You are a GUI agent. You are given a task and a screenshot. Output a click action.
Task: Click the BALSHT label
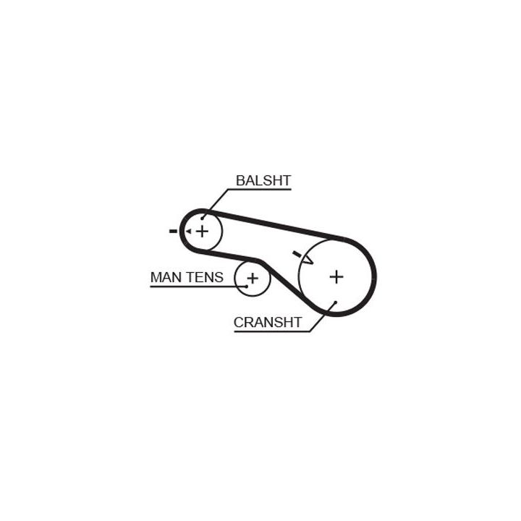coord(263,180)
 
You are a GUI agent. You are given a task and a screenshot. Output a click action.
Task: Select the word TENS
coord(204,277)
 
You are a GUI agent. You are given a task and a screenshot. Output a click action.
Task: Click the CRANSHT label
coord(268,322)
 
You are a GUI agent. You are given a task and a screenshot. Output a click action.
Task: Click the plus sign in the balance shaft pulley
coord(202,232)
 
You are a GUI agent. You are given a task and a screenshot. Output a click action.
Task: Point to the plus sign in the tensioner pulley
coord(253,278)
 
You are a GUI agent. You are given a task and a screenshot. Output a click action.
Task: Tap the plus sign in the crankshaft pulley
coord(336,276)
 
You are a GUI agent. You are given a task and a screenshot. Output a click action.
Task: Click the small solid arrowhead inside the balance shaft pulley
coord(188,232)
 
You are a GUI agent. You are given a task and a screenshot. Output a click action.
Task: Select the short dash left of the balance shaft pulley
coord(173,232)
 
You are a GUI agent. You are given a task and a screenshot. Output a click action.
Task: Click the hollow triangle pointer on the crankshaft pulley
coord(308,260)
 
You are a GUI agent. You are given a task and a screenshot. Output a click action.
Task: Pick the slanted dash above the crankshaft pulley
coord(297,254)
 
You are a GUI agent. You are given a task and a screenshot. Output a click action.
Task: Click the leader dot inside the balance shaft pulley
coord(202,219)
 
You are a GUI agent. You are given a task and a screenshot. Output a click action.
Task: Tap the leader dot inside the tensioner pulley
coord(247,286)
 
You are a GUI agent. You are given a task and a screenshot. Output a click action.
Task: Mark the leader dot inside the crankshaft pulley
coord(336,302)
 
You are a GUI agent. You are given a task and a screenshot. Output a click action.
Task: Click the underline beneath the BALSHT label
coord(260,190)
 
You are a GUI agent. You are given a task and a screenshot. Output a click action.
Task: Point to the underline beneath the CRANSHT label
coord(272,331)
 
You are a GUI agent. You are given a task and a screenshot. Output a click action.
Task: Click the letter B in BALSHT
coord(240,180)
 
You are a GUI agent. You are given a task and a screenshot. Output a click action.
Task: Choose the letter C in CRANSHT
coord(239,322)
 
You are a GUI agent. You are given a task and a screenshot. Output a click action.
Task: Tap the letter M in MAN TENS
coord(156,277)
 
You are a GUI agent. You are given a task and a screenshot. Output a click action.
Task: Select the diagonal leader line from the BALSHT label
coord(216,204)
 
